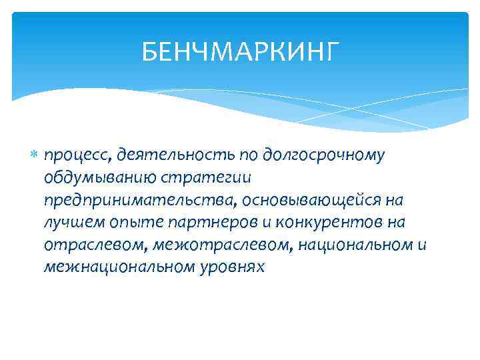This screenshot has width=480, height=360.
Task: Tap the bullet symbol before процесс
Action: click(34, 156)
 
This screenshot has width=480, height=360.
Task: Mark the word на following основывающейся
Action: click(393, 200)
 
